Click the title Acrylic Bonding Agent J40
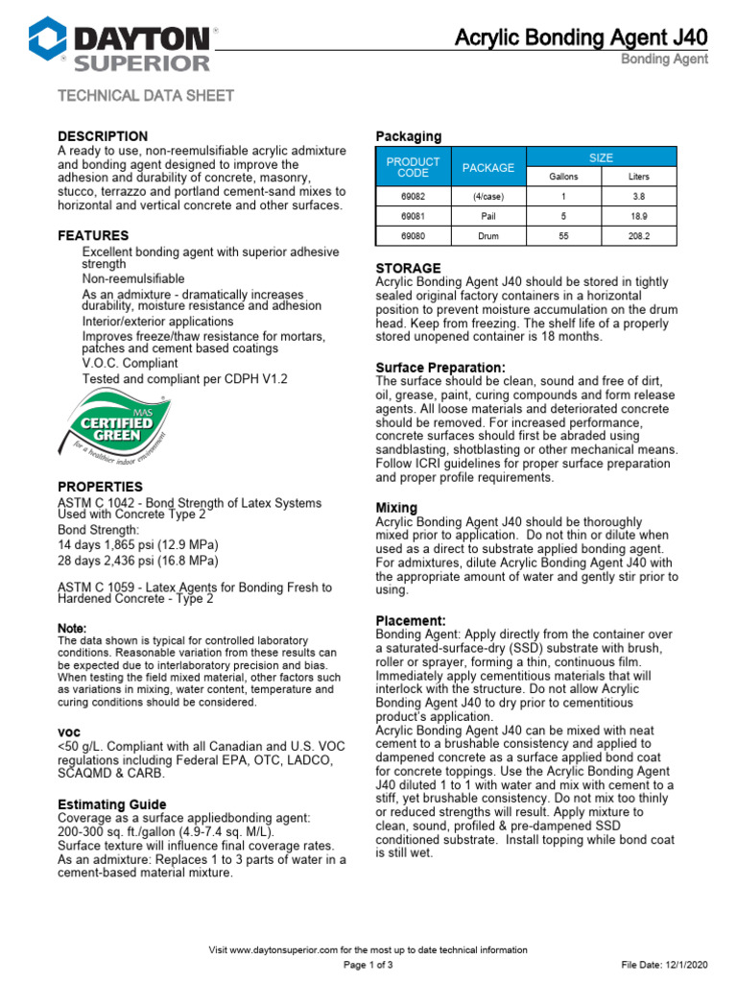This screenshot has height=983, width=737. coord(581,37)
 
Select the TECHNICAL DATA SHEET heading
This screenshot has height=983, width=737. coord(146,96)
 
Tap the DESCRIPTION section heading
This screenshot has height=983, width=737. coord(103,136)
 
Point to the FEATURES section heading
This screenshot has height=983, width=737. coord(93,235)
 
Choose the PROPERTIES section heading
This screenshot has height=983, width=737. coord(101,487)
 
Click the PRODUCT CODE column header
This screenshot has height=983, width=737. coord(413,168)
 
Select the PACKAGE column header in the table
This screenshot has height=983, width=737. coord(488,168)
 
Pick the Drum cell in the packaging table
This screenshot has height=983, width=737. coord(488,234)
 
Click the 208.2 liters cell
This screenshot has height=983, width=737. coord(638,234)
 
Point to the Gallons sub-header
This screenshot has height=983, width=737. coord(563,177)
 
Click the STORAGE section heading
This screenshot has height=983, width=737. coord(409,268)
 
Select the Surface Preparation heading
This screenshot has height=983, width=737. coord(440,368)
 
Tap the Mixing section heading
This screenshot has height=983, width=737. coord(396,507)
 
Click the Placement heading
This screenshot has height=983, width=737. coord(411,621)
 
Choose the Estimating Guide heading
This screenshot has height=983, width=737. coord(112,804)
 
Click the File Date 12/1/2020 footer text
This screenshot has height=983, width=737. coord(666,964)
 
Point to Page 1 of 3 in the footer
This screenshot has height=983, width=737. coord(368,964)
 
